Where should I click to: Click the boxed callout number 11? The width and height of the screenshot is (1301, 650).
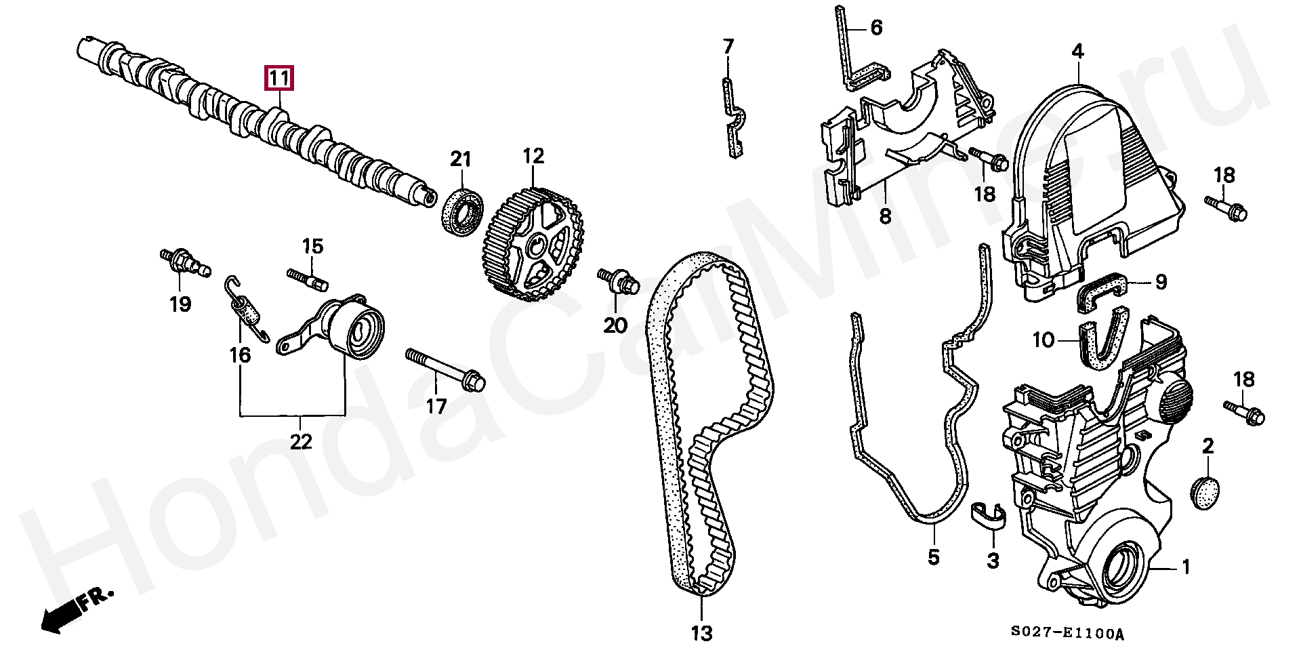(x=278, y=79)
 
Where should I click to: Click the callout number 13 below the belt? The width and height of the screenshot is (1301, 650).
(x=702, y=633)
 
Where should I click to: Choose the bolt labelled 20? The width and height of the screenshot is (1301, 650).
(x=618, y=281)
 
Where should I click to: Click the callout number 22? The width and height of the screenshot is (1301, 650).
(x=301, y=442)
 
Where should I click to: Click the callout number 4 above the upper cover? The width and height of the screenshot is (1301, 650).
(x=1077, y=51)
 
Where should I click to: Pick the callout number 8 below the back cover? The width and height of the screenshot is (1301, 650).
(x=886, y=216)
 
